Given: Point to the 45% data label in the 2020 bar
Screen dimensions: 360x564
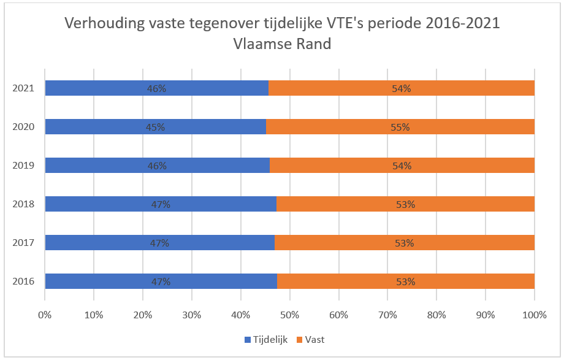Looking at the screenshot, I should click(x=156, y=128).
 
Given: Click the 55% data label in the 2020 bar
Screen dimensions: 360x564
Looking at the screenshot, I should click(x=400, y=128).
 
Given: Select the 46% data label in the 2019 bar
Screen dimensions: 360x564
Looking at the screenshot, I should click(x=157, y=166).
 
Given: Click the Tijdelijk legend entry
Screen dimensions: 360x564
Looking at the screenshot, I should click(x=265, y=339).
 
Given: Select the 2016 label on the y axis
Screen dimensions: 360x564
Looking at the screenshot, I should click(x=23, y=282).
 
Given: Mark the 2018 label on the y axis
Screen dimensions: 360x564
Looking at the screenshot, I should click(x=23, y=205).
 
